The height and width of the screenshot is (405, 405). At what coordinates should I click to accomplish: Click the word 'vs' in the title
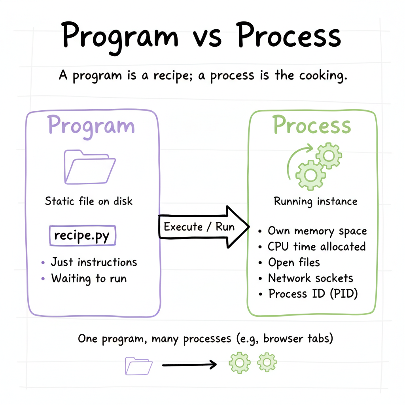[x=208, y=37]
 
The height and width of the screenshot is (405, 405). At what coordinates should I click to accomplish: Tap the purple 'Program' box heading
[x=91, y=125]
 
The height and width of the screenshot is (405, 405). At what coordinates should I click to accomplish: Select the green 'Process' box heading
[x=312, y=125]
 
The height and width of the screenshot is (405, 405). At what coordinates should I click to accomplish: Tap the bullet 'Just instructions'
[x=94, y=262]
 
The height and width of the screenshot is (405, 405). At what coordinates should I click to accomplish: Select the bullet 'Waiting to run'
[x=89, y=278]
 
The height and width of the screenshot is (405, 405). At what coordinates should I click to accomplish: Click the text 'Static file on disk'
[x=89, y=201]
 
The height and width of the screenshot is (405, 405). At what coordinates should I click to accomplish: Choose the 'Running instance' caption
[x=315, y=201]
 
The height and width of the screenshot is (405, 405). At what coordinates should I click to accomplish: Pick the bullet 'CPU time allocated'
[x=316, y=247]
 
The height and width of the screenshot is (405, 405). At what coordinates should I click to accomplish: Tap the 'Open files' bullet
[x=294, y=262]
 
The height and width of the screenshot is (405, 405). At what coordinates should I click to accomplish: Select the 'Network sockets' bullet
[x=310, y=278]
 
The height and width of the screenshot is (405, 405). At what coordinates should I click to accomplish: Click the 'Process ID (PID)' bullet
[x=313, y=294]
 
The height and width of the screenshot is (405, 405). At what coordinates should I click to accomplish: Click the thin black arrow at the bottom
[x=189, y=365]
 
